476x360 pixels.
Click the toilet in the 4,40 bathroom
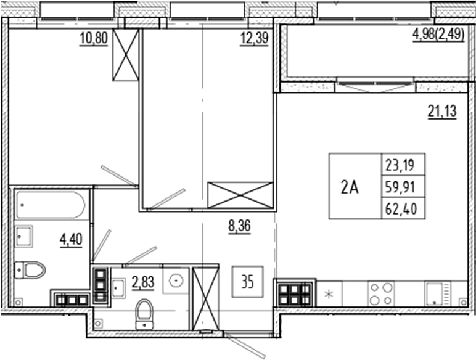click(31, 269)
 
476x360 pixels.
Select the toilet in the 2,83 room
click(145, 312)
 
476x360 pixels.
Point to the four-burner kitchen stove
click(381, 293)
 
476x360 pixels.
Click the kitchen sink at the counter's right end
click(438, 293)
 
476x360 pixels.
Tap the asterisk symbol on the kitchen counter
click(330, 293)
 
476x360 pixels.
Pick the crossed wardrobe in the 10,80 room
click(126, 55)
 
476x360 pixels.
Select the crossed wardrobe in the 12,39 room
click(240, 194)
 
